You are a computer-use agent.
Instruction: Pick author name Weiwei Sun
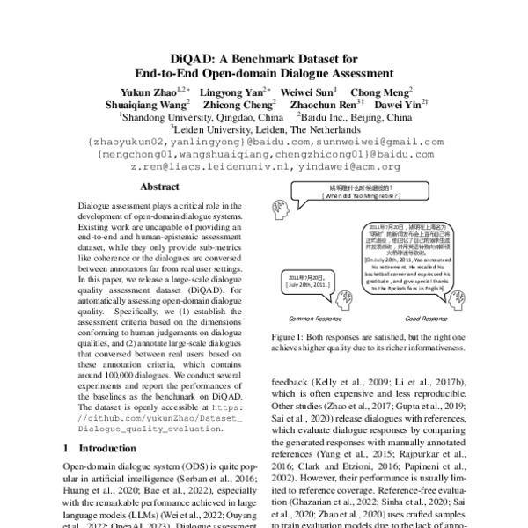[x=308, y=91]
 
